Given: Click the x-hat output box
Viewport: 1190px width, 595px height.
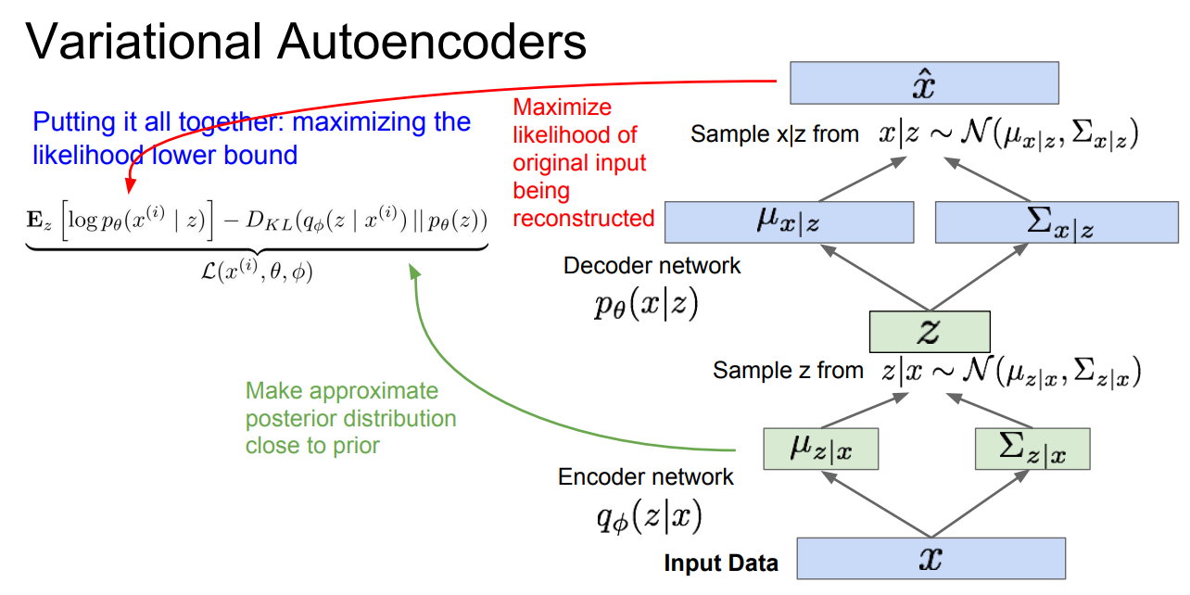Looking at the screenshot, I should pyautogui.click(x=924, y=82).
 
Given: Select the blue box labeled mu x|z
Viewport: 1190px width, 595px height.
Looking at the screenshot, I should pyautogui.click(x=790, y=222).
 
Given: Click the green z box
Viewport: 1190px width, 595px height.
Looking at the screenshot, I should pyautogui.click(x=930, y=332).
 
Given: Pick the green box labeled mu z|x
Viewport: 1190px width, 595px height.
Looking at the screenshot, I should pyautogui.click(x=820, y=449).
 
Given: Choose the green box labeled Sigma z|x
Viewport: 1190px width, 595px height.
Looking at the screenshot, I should pyautogui.click(x=1032, y=449).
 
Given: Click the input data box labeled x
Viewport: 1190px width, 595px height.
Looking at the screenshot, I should pyautogui.click(x=930, y=558).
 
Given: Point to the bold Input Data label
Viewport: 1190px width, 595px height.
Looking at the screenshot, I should pyautogui.click(x=721, y=563).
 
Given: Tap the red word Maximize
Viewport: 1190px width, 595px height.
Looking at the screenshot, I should pyautogui.click(x=563, y=107).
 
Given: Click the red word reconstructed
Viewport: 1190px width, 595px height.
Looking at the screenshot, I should pyautogui.click(x=584, y=219).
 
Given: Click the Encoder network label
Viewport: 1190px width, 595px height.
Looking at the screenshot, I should pyautogui.click(x=645, y=477).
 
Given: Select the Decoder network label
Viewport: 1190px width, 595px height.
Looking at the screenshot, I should pyautogui.click(x=652, y=266).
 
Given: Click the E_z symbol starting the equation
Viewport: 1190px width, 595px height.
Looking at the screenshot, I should pyautogui.click(x=43, y=223).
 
